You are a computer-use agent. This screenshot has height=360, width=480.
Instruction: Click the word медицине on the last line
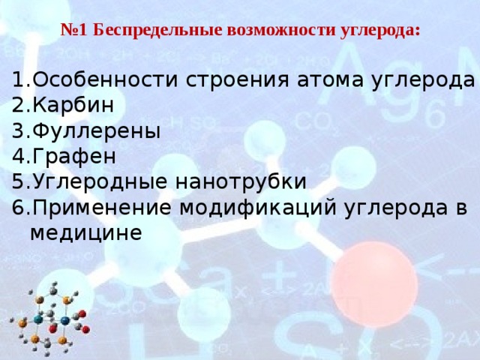point(85,233)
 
